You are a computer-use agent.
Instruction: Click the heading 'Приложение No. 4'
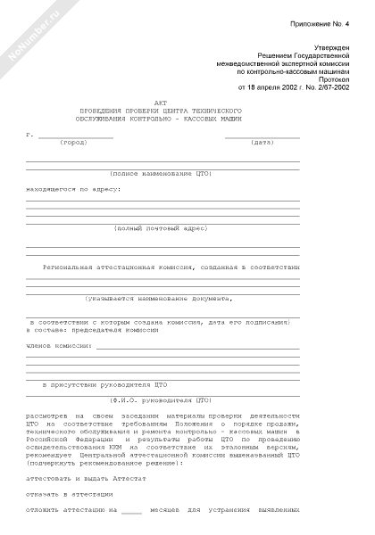pyautogui.click(x=323, y=29)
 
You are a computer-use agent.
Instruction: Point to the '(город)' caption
pyautogui.click(x=74, y=143)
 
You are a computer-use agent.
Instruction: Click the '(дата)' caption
pyautogui.click(x=262, y=143)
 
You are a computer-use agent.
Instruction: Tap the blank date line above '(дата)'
pyautogui.click(x=262, y=136)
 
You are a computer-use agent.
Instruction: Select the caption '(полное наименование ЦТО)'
pyautogui.click(x=160, y=174)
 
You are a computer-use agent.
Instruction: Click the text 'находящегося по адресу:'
pyautogui.click(x=73, y=189)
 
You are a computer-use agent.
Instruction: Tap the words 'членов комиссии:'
pyautogui.click(x=59, y=344)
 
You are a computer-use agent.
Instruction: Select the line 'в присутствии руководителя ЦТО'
pyautogui.click(x=105, y=384)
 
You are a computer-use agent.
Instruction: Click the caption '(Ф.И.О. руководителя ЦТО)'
pyautogui.click(x=161, y=400)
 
